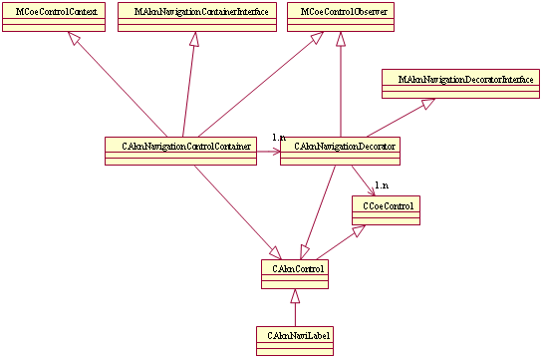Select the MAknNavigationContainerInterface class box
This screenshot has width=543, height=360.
tap(193, 18)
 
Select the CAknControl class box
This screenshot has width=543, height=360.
tap(294, 273)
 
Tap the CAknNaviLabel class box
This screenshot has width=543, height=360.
tap(294, 340)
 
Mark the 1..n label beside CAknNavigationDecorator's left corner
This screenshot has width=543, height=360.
tap(279, 137)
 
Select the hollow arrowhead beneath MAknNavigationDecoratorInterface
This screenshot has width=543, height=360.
tap(426, 105)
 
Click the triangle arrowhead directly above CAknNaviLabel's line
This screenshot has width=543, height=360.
tap(294, 296)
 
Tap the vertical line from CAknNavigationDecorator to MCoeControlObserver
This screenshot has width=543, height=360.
tap(342, 90)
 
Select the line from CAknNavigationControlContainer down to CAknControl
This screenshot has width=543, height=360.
tap(233, 209)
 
